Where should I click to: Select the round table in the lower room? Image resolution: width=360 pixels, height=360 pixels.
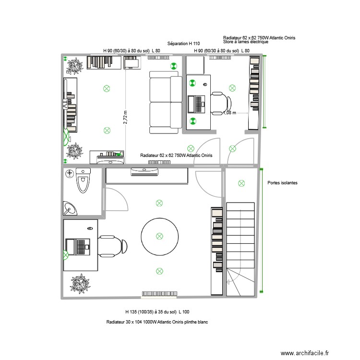click(x=159, y=236)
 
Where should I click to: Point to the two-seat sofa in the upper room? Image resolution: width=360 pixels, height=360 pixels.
click(x=165, y=102)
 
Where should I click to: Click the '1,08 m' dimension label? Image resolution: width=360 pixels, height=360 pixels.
click(x=230, y=113)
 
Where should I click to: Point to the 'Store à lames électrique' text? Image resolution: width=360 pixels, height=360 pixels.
click(x=246, y=42)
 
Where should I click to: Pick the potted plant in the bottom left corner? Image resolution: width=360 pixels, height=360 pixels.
click(x=80, y=283)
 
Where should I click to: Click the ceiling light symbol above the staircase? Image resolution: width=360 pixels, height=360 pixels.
click(x=241, y=183)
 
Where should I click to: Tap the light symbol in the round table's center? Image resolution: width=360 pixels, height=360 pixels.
click(x=159, y=236)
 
